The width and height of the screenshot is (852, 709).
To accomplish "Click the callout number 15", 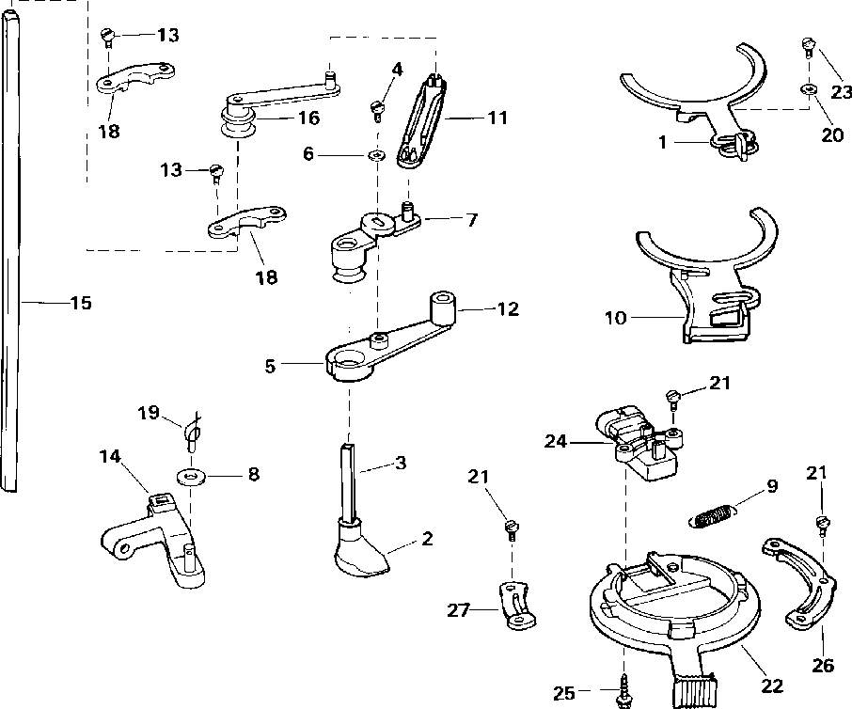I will [80, 303].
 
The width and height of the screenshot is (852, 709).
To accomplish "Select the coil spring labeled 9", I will [714, 514].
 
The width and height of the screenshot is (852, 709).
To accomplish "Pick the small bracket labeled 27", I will [516, 607].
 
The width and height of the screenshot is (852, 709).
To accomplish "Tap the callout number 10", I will [615, 318].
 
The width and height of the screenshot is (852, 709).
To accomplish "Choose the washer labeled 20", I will [808, 90].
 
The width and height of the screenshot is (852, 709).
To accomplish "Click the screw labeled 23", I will [806, 44].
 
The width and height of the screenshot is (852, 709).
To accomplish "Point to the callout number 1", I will [662, 145].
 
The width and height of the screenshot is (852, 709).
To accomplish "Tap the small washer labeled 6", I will [375, 154].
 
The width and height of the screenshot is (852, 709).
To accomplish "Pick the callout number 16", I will [308, 118].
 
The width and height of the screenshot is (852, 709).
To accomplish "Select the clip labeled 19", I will [193, 431].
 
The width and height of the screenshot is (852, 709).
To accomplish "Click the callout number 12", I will [507, 307].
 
